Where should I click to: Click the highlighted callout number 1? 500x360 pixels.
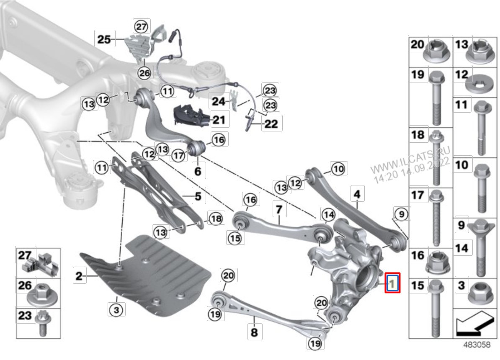(392, 283)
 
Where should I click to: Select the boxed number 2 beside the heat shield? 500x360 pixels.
(79, 276)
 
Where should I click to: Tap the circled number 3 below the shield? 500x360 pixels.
(116, 310)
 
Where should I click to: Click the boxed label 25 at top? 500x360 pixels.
(103, 40)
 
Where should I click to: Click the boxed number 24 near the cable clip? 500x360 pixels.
(218, 101)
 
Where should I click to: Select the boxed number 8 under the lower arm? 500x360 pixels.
(254, 333)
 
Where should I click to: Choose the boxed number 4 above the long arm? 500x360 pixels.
(357, 194)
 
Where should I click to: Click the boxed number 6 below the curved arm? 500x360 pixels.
(198, 171)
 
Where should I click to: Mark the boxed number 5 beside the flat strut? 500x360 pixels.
(197, 195)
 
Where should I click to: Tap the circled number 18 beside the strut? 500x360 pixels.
(215, 219)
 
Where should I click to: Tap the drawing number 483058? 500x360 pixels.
(476, 345)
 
